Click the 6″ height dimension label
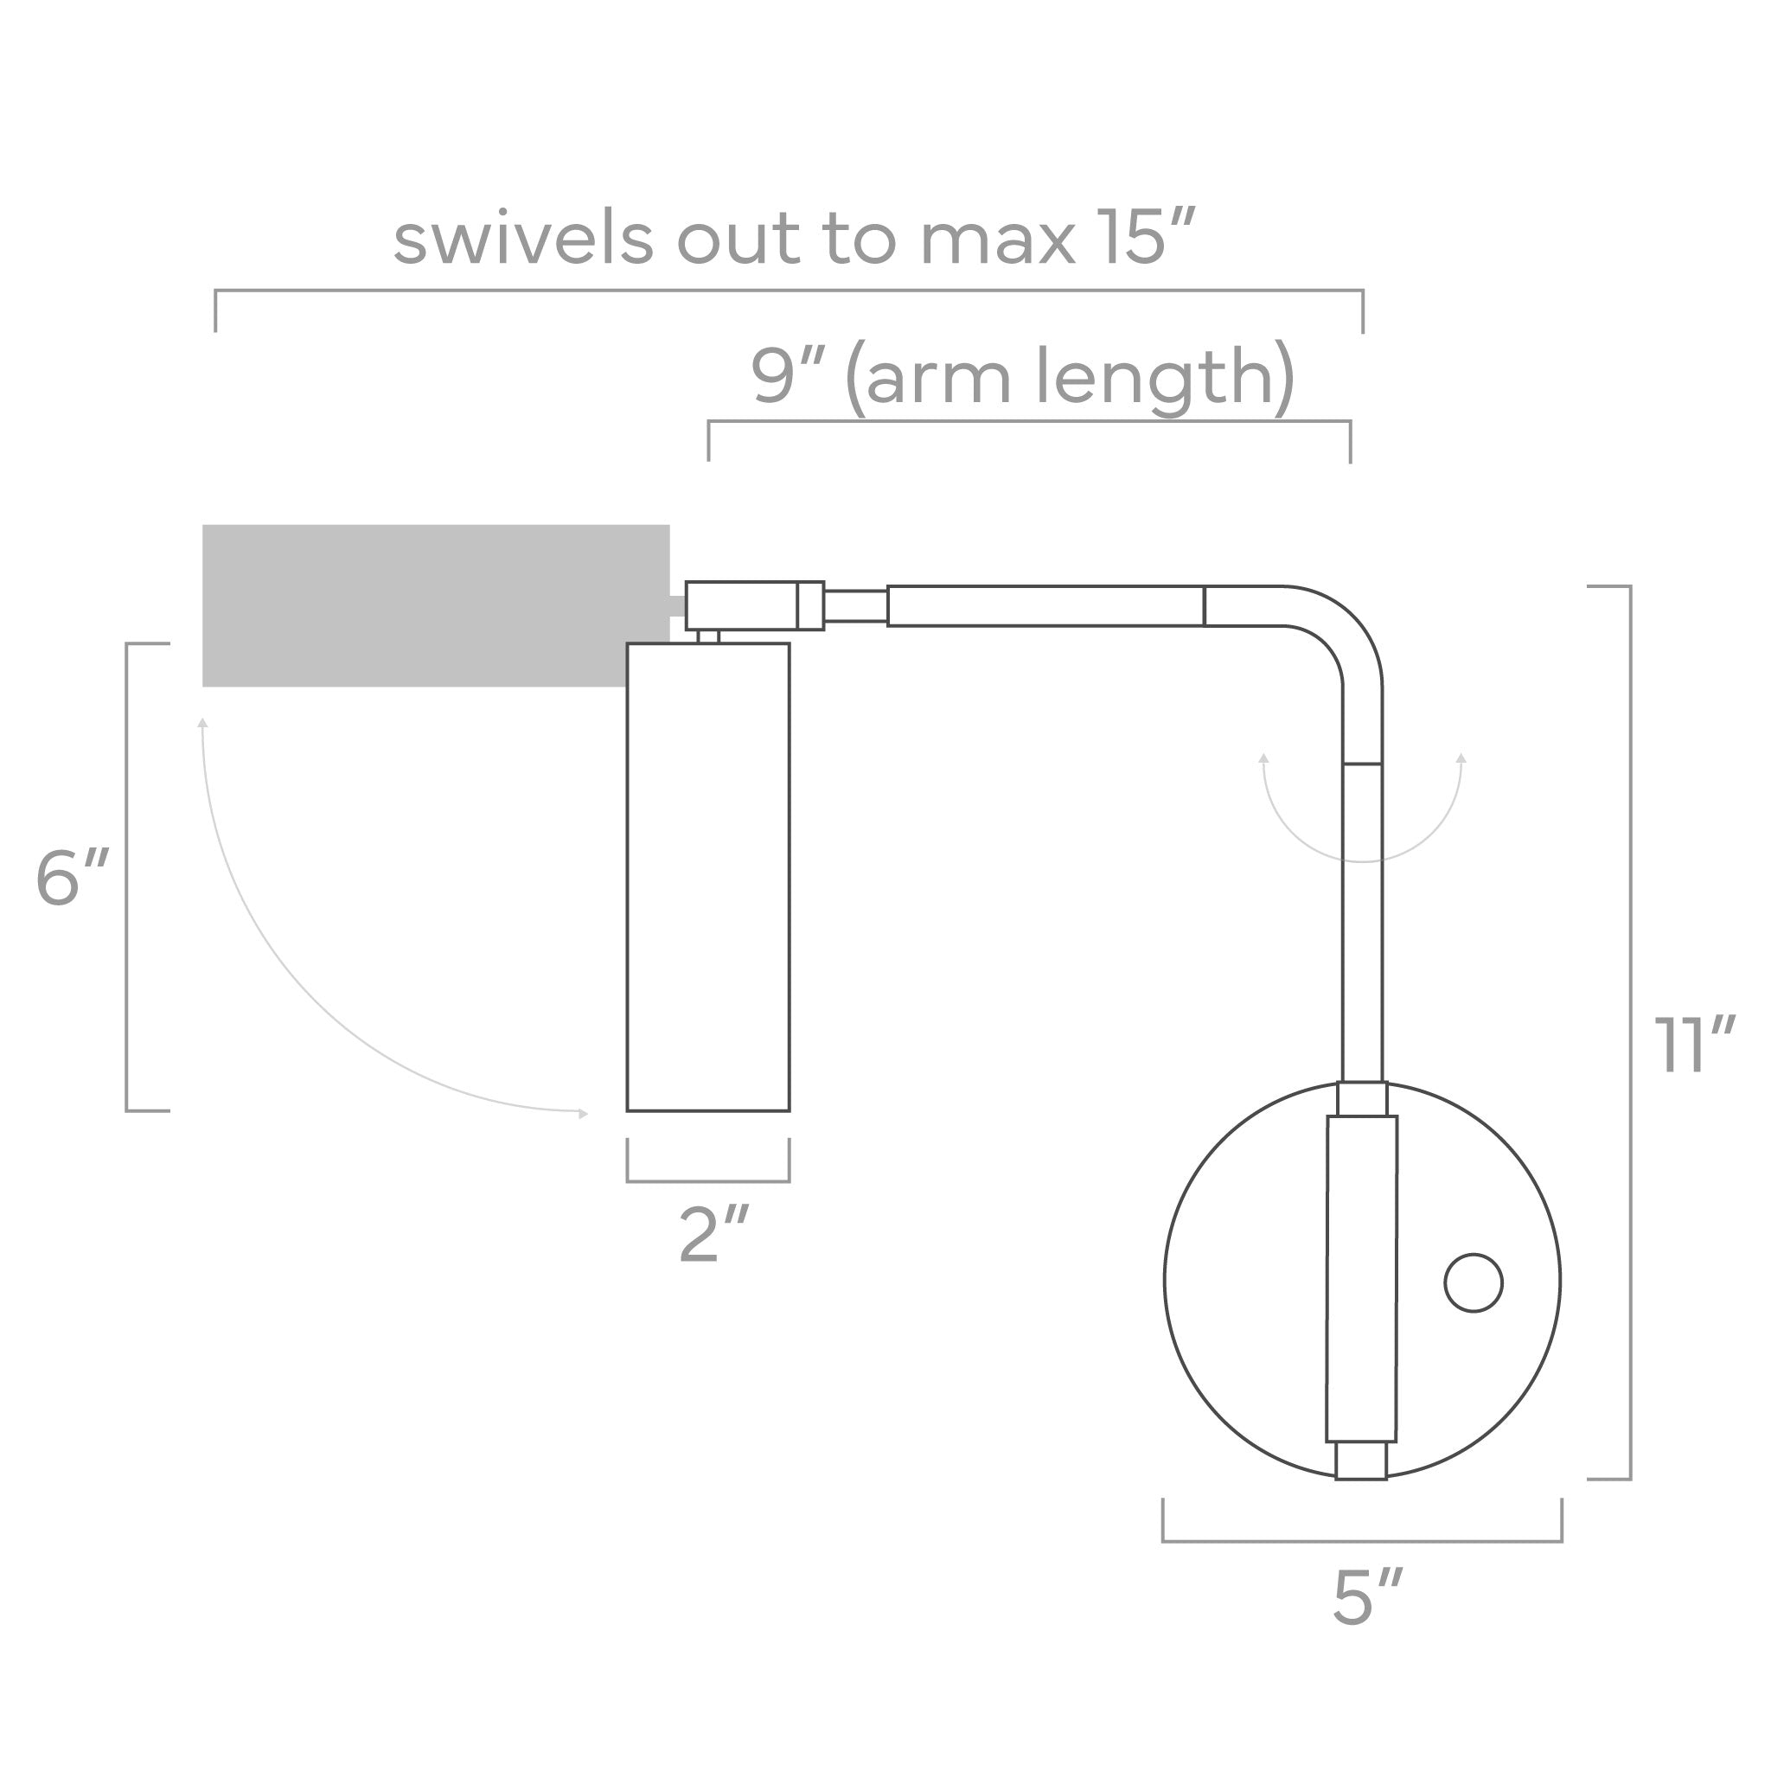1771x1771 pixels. coord(73,877)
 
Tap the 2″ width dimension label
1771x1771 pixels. coord(714,1235)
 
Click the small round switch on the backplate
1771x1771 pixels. coord(1472,1282)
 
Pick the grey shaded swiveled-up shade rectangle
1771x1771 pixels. coord(436,605)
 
